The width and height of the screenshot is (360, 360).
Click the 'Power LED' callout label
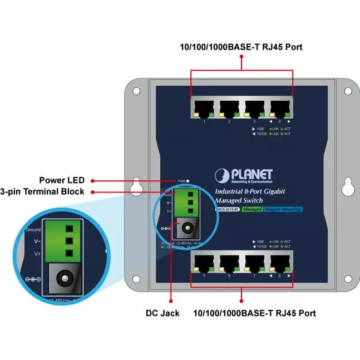pos(62,180)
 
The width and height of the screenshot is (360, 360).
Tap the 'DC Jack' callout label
pos(162,313)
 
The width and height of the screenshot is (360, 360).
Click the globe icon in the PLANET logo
pos(222,175)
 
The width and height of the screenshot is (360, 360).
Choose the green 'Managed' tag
pos(252,209)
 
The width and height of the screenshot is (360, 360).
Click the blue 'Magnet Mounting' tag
pos(283,209)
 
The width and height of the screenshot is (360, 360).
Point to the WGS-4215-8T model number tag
pos(228,209)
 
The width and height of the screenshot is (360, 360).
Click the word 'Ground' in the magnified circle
pos(33,229)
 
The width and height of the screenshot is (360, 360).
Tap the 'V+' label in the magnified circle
pos(37,253)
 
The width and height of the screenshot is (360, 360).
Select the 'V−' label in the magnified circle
pos(37,241)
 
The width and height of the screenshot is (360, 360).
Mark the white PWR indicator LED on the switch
pos(189,181)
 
